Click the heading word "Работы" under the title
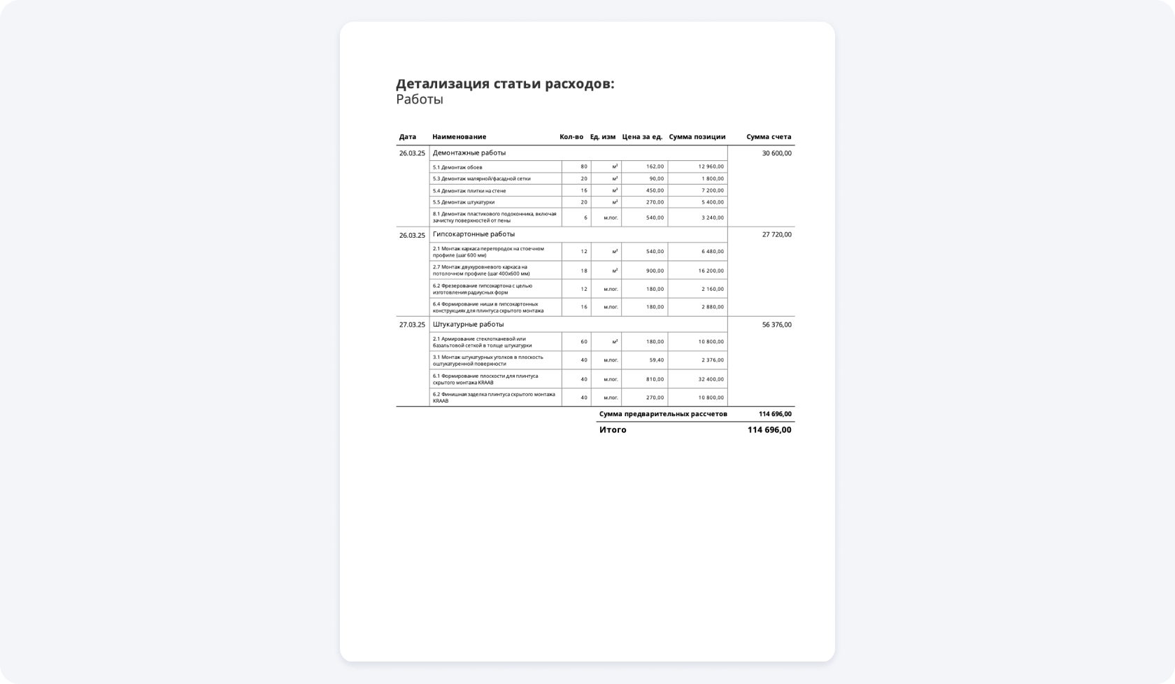tap(420, 99)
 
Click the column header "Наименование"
tap(459, 137)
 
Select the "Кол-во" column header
tap(571, 137)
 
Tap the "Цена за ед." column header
tap(642, 137)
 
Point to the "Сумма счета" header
tap(769, 137)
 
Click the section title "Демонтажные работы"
tap(469, 152)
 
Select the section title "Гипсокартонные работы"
tap(473, 234)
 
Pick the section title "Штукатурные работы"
tap(468, 325)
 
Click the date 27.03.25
tap(412, 325)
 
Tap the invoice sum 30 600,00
tap(776, 153)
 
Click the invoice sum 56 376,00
tap(776, 325)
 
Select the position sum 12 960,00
tap(711, 167)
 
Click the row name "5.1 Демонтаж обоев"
tap(457, 168)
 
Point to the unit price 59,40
tap(656, 360)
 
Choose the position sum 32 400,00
tap(711, 379)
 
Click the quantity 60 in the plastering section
tap(584, 342)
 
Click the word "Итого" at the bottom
tap(613, 430)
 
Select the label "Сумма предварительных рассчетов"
tap(663, 414)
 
